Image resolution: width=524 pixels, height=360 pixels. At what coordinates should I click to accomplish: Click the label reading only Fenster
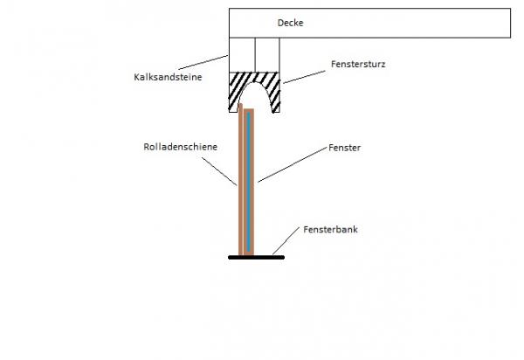[x=346, y=149]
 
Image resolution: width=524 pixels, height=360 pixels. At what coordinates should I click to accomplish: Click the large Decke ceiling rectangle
[x=393, y=24]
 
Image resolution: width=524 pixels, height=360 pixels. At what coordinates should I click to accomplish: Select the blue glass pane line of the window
[x=249, y=183]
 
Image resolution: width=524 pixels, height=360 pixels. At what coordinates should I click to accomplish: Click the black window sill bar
[x=253, y=257]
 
